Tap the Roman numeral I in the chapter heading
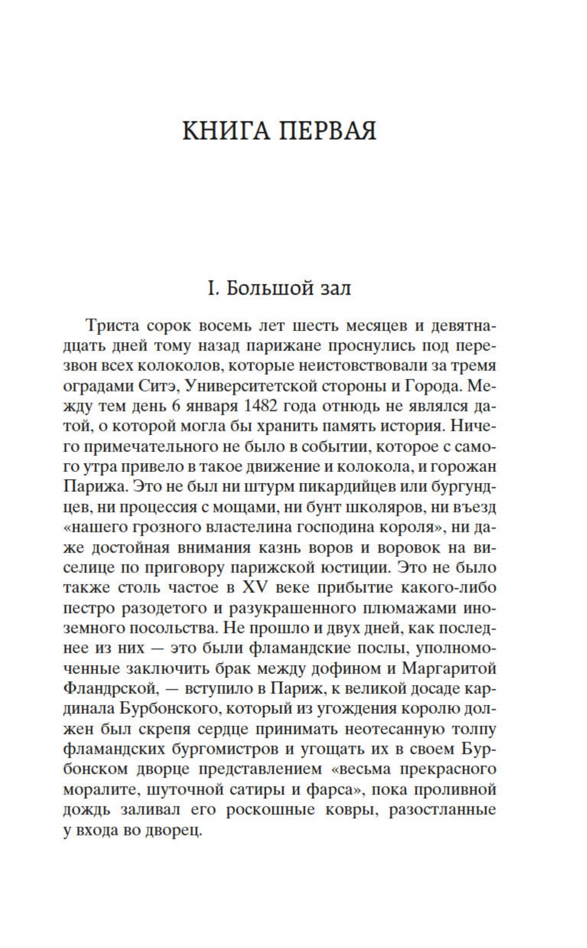tap(211, 289)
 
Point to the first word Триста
tap(110, 325)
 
